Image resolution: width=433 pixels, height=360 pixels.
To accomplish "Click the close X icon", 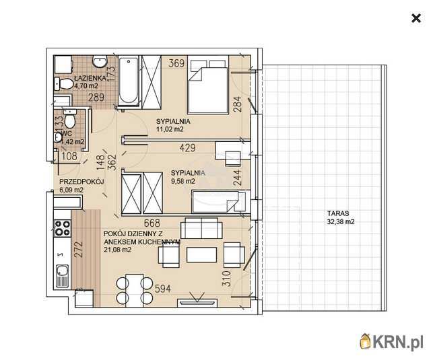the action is tap(416, 18).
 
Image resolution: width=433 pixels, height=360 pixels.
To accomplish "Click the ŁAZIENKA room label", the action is tap(90, 78).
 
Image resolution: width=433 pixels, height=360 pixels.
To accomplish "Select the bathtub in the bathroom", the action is tap(129, 81).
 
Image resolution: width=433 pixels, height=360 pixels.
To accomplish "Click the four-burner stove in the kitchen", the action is tap(62, 228).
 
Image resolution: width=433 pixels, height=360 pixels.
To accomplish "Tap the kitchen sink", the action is tap(62, 276).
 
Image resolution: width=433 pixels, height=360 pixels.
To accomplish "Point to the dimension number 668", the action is tap(152, 223).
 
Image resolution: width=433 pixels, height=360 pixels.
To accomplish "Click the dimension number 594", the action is tap(163, 289).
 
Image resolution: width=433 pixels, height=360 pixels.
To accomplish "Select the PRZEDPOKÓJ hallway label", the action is tap(81, 182).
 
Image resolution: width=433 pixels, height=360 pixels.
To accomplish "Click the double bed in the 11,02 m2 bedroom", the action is tap(208, 84).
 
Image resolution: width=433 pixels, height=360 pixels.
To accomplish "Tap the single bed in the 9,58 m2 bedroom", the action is tap(219, 202).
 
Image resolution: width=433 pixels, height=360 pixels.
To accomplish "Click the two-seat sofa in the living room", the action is tap(201, 228).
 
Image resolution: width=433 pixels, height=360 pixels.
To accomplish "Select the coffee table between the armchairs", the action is tap(201, 254).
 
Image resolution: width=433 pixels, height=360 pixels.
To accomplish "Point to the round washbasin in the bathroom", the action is tap(100, 61).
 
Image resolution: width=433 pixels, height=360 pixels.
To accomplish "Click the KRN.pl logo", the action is tap(391, 342).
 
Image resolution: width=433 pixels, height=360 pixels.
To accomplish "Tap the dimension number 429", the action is tap(187, 148).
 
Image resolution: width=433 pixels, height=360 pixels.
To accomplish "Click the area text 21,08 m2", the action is tap(118, 250).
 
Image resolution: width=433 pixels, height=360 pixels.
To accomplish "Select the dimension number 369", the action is tap(176, 63).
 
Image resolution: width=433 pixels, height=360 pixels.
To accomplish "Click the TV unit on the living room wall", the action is tap(197, 302).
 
